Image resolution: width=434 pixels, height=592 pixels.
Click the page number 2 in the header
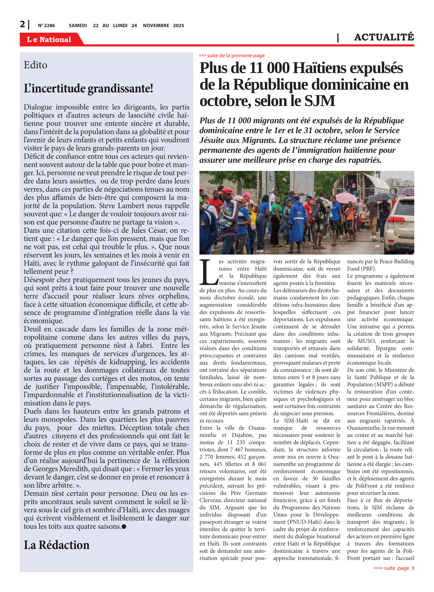click(23, 24)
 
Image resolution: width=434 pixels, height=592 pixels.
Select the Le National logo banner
click(49, 39)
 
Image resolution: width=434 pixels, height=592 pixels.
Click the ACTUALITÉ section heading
click(384, 37)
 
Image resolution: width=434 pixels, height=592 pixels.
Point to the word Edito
click(36, 65)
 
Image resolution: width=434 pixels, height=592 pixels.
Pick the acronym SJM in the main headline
click(320, 101)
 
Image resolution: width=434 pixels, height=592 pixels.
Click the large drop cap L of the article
click(208, 272)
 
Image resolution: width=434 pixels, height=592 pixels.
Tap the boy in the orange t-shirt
click(350, 213)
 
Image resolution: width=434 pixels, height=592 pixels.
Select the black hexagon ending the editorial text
click(124, 526)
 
